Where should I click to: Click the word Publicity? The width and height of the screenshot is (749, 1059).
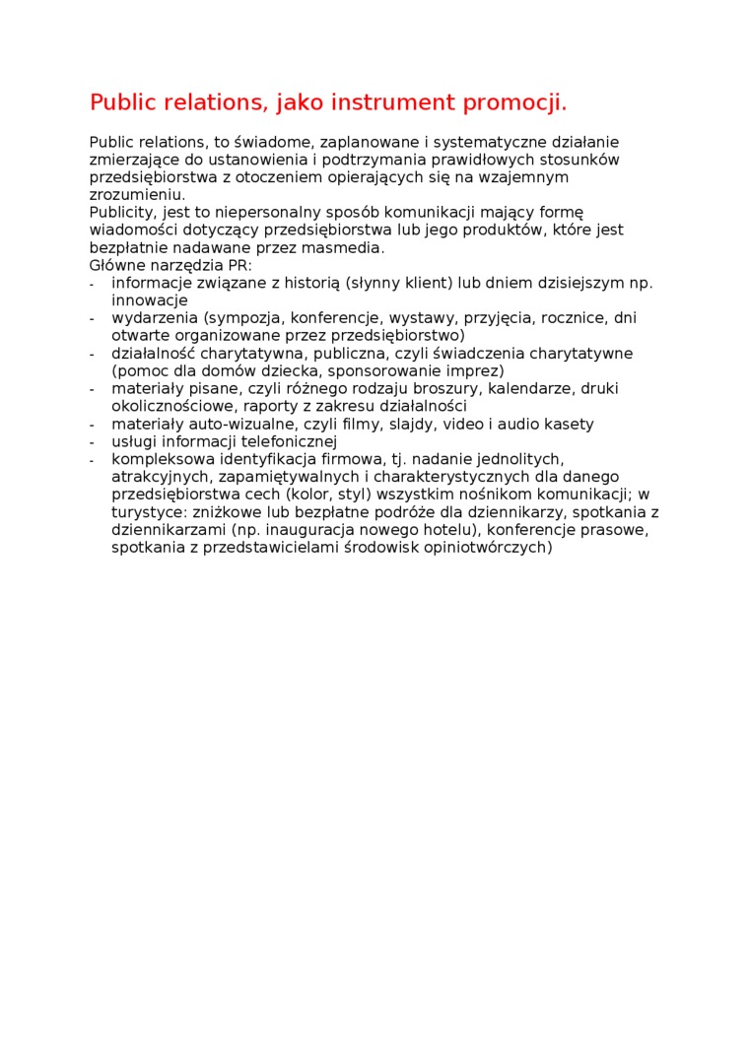point(122,212)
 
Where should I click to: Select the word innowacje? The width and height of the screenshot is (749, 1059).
point(149,300)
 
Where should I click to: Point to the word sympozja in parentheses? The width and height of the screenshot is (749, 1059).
point(241,318)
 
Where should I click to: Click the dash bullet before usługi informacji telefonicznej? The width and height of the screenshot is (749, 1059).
point(92,442)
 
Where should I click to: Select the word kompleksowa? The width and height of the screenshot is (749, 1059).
point(161,459)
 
